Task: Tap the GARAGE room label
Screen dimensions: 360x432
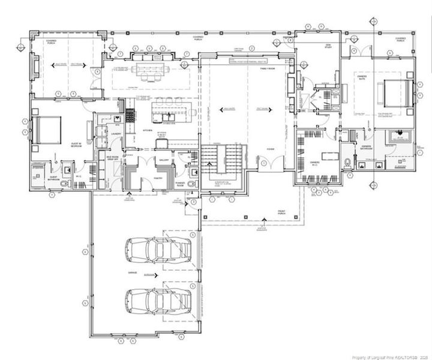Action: pos(132,273)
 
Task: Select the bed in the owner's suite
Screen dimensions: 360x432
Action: pos(397,93)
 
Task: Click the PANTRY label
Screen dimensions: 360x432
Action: pos(159,178)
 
